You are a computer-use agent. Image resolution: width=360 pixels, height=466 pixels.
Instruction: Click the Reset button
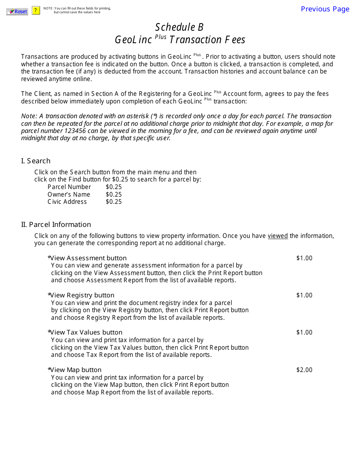point(17,11)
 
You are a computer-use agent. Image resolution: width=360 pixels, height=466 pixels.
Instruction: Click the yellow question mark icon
point(36,11)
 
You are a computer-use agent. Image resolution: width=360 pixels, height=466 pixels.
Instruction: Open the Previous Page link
point(325,9)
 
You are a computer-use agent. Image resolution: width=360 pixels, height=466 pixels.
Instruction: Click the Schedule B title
point(179,27)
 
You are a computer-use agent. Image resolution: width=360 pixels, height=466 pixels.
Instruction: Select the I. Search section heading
point(36,161)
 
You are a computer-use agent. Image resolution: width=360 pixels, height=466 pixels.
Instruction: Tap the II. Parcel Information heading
point(56,225)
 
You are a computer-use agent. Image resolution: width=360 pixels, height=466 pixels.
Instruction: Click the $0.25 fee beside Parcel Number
point(114,187)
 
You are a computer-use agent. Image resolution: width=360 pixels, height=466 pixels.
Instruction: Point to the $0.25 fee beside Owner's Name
point(114,195)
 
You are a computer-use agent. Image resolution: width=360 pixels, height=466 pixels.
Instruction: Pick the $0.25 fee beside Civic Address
point(114,202)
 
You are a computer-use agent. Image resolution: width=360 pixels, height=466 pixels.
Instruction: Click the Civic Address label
point(67,202)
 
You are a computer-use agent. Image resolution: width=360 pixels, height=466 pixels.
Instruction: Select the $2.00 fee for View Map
point(304,370)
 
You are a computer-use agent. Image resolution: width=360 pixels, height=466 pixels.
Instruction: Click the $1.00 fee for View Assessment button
point(304,258)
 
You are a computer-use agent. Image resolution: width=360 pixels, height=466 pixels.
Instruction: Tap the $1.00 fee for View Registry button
point(304,296)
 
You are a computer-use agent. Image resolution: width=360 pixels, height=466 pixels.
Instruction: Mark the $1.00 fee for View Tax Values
point(304,333)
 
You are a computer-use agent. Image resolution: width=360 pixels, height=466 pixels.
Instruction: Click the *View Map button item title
point(75,370)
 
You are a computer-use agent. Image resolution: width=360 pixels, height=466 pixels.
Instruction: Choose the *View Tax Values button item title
point(85,333)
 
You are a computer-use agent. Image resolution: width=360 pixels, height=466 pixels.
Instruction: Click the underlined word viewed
point(278,236)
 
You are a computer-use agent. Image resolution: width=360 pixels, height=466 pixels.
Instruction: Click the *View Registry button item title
point(81,296)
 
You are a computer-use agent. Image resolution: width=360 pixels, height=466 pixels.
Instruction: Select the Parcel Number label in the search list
point(69,187)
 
